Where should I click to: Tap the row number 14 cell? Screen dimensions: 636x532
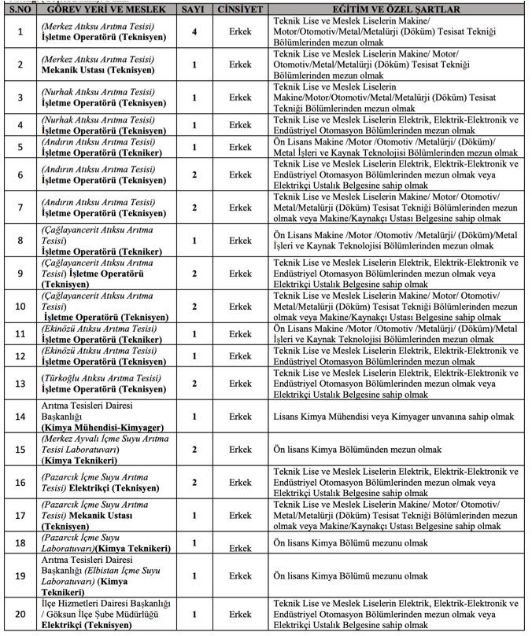click(x=20, y=416)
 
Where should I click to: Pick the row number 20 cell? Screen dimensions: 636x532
click(x=20, y=614)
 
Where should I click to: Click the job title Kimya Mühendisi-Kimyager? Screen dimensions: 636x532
click(x=102, y=427)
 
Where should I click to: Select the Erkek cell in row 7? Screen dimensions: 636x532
click(x=241, y=208)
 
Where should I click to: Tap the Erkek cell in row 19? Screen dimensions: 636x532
click(x=241, y=575)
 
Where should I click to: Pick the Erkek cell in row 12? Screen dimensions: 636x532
click(x=241, y=356)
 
